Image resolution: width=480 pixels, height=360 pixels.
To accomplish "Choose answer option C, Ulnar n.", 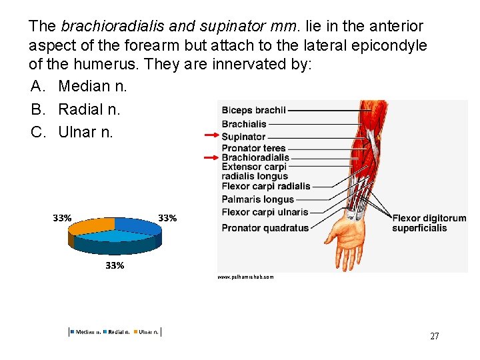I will click(x=76, y=132).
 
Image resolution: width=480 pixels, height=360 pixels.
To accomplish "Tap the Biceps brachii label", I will click(x=253, y=111).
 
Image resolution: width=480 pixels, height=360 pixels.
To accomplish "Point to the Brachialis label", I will click(x=244, y=124).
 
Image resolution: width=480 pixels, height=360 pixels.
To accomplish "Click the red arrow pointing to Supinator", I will click(x=211, y=135).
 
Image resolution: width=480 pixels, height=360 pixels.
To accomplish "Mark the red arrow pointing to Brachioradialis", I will click(x=211, y=158).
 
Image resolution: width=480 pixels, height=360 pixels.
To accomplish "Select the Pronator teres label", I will click(x=253, y=148).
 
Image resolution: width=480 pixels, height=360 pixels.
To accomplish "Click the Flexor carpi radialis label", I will click(x=266, y=187).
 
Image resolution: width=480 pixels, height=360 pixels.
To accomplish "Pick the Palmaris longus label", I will click(x=257, y=199).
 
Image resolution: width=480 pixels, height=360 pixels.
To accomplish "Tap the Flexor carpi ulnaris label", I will click(x=265, y=212).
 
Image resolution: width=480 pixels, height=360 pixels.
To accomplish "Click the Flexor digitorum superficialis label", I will click(x=429, y=223).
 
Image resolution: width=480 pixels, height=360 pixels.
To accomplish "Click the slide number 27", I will click(x=434, y=336).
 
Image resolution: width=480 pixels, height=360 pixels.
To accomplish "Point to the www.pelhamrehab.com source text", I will click(x=245, y=276).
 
